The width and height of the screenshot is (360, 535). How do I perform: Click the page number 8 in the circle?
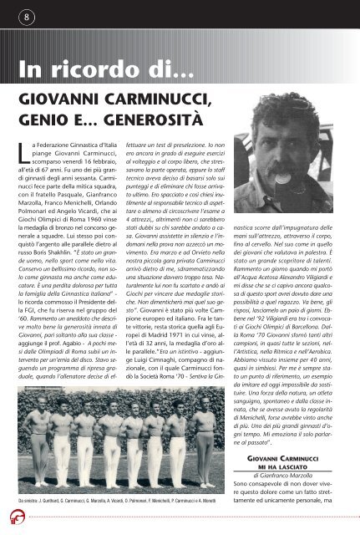pyautogui.click(x=28, y=16)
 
